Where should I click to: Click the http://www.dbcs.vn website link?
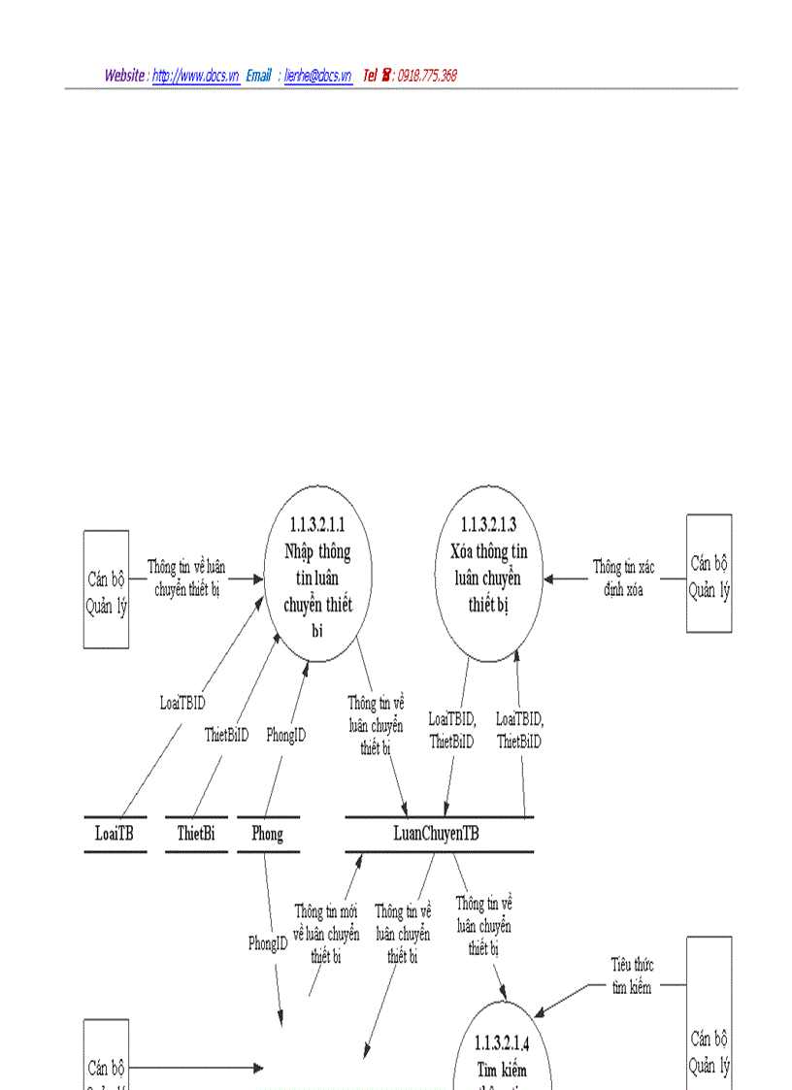196,76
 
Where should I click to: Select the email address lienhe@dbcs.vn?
317,76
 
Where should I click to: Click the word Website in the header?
125,76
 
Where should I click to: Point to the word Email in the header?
258,76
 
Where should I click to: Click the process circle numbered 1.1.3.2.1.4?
502,1053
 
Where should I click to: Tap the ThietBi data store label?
196,834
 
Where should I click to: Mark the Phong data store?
268,834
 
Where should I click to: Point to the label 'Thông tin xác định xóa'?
624,578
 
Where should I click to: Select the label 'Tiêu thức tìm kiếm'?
632,975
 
